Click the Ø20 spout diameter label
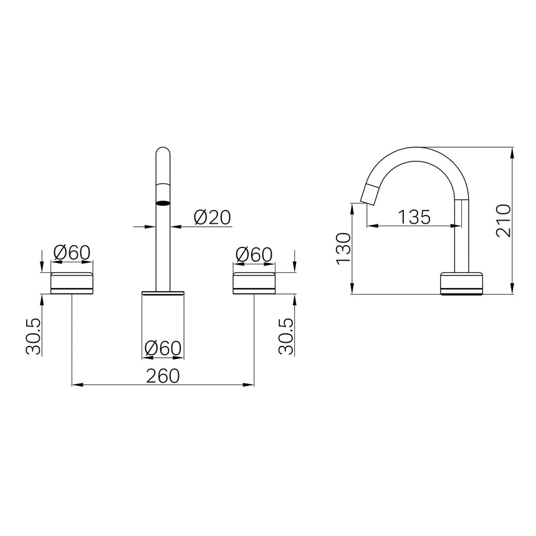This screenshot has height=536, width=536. click(x=213, y=217)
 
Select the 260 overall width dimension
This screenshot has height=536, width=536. click(x=163, y=376)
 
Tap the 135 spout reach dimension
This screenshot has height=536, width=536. click(x=414, y=217)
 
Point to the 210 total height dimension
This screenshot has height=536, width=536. click(x=503, y=221)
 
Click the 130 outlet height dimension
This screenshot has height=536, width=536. click(x=343, y=249)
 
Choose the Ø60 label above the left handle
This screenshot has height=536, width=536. click(x=72, y=253)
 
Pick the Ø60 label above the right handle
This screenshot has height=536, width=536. click(x=254, y=255)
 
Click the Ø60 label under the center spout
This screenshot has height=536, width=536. click(x=163, y=348)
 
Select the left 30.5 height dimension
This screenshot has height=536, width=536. click(x=33, y=336)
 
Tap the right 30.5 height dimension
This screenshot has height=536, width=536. click(x=286, y=336)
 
